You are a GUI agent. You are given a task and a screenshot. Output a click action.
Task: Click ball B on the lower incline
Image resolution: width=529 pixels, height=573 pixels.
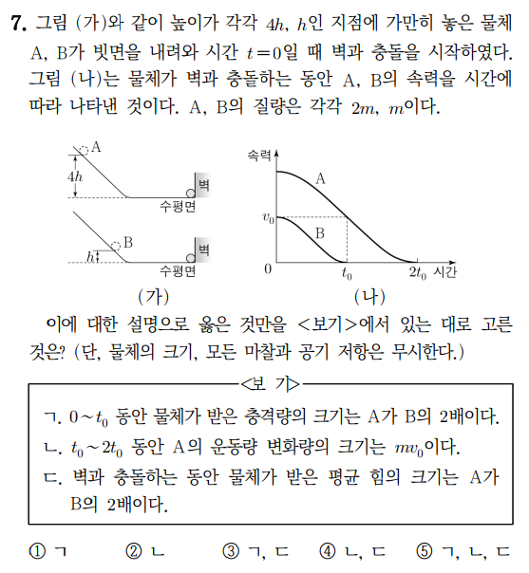(116, 244)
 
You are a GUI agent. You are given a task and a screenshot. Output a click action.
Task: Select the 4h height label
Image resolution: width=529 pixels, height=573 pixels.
(75, 177)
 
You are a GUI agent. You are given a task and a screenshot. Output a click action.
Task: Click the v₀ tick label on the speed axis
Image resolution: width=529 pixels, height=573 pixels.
(267, 218)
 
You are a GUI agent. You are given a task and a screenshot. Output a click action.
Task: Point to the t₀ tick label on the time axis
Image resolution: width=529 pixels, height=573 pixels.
(347, 273)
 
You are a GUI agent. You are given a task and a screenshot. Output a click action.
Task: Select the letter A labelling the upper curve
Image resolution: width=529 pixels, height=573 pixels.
(321, 176)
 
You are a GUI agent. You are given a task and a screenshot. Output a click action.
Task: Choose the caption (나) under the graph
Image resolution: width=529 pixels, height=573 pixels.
(362, 294)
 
